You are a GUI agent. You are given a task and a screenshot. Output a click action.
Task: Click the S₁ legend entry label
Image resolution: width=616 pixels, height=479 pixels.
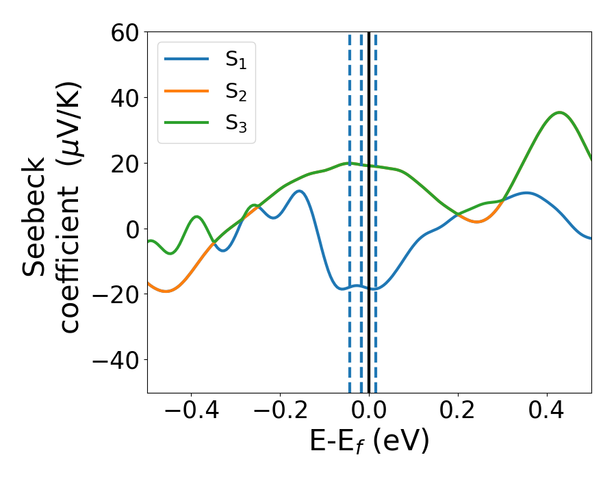coord(235,60)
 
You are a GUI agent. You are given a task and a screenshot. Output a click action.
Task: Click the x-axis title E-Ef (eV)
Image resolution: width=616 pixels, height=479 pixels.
coord(370,441)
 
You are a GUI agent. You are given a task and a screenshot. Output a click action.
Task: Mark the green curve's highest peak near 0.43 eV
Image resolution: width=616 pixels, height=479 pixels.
coord(560,112)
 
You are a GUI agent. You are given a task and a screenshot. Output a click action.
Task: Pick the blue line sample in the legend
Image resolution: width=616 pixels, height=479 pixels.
coord(186,60)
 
